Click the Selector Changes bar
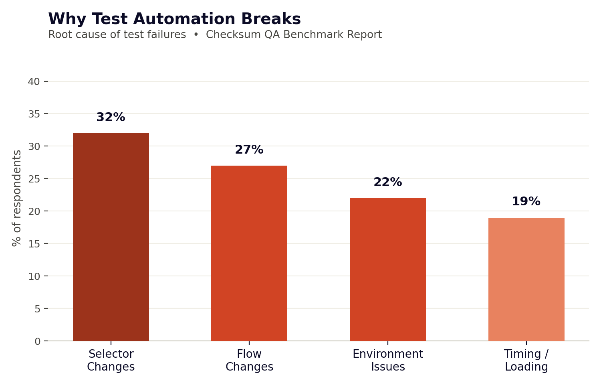pyautogui.click(x=111, y=237)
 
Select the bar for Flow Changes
pyautogui.click(x=249, y=253)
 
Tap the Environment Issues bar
pyautogui.click(x=388, y=269)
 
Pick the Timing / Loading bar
pyautogui.click(x=526, y=279)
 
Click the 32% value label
pyautogui.click(x=111, y=117)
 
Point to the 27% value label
pyautogui.click(x=249, y=150)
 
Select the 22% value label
pyautogui.click(x=388, y=182)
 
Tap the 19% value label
pyautogui.click(x=526, y=201)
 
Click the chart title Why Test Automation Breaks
pyautogui.click(x=174, y=19)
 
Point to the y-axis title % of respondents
pyautogui.click(x=17, y=198)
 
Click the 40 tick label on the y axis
pyautogui.click(x=34, y=81)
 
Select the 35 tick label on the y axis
pyautogui.click(x=34, y=114)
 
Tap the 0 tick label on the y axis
pyautogui.click(x=37, y=341)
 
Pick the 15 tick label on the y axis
pyautogui.click(x=34, y=244)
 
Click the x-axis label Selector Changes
pyautogui.click(x=111, y=360)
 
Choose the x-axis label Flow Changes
pyautogui.click(x=249, y=360)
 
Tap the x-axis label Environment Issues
pyautogui.click(x=388, y=360)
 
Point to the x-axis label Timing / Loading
pyautogui.click(x=526, y=360)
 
